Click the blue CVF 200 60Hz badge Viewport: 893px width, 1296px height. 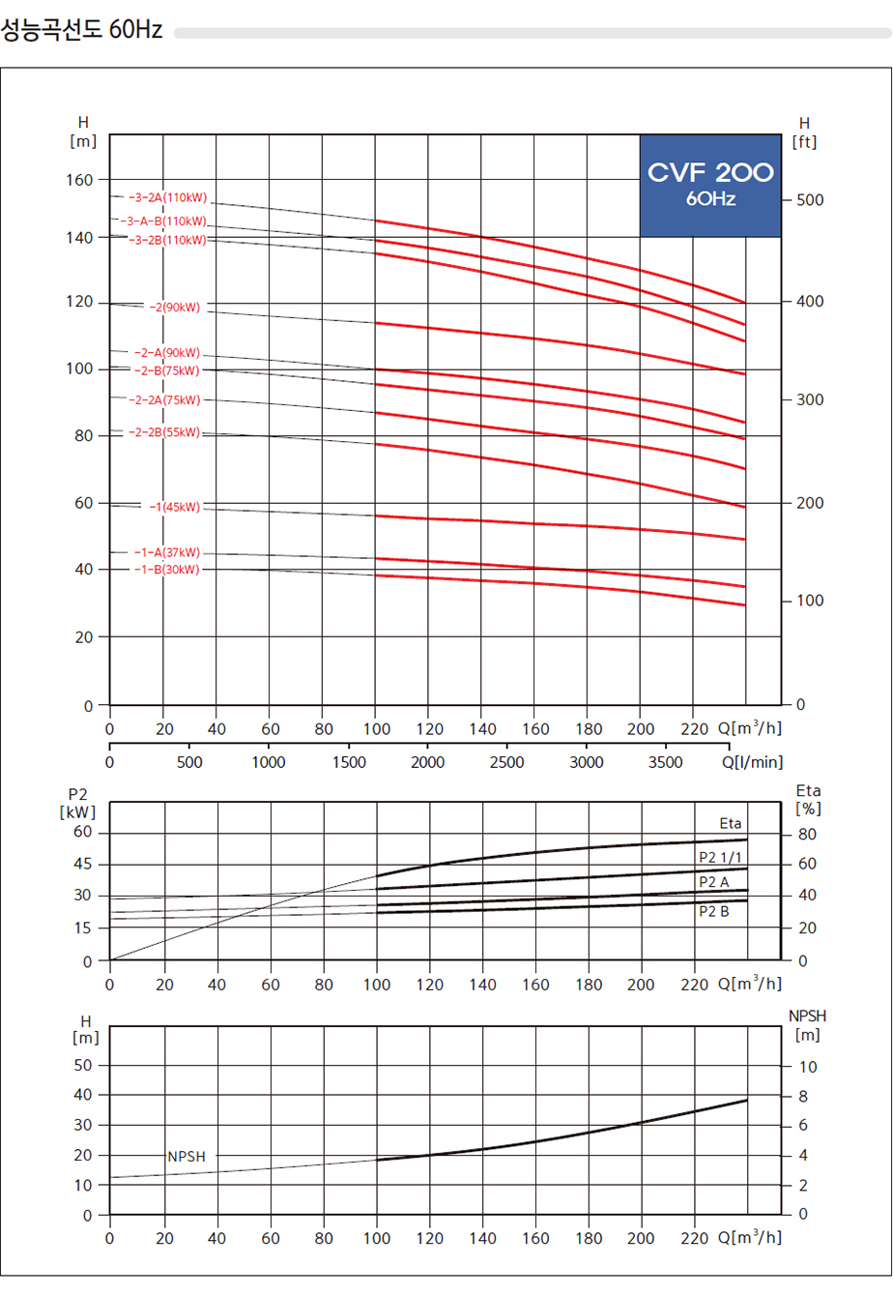click(710, 185)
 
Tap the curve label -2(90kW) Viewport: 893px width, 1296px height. click(174, 308)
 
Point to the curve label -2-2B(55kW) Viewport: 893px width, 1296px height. click(164, 432)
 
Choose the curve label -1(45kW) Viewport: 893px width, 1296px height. click(175, 507)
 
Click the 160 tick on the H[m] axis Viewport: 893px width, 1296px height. click(81, 180)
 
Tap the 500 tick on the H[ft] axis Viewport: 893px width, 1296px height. click(809, 200)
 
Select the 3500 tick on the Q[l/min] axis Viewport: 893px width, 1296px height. click(665, 762)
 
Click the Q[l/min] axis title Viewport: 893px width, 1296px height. click(752, 762)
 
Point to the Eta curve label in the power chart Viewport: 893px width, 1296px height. click(731, 823)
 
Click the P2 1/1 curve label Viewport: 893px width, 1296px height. click(720, 857)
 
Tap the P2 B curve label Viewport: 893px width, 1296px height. click(714, 911)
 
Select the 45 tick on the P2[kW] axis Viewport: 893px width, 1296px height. click(83, 864)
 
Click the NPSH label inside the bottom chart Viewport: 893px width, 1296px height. click(186, 1157)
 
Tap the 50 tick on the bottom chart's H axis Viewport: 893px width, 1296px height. click(85, 1065)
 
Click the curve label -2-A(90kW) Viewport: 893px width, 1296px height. click(167, 353)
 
